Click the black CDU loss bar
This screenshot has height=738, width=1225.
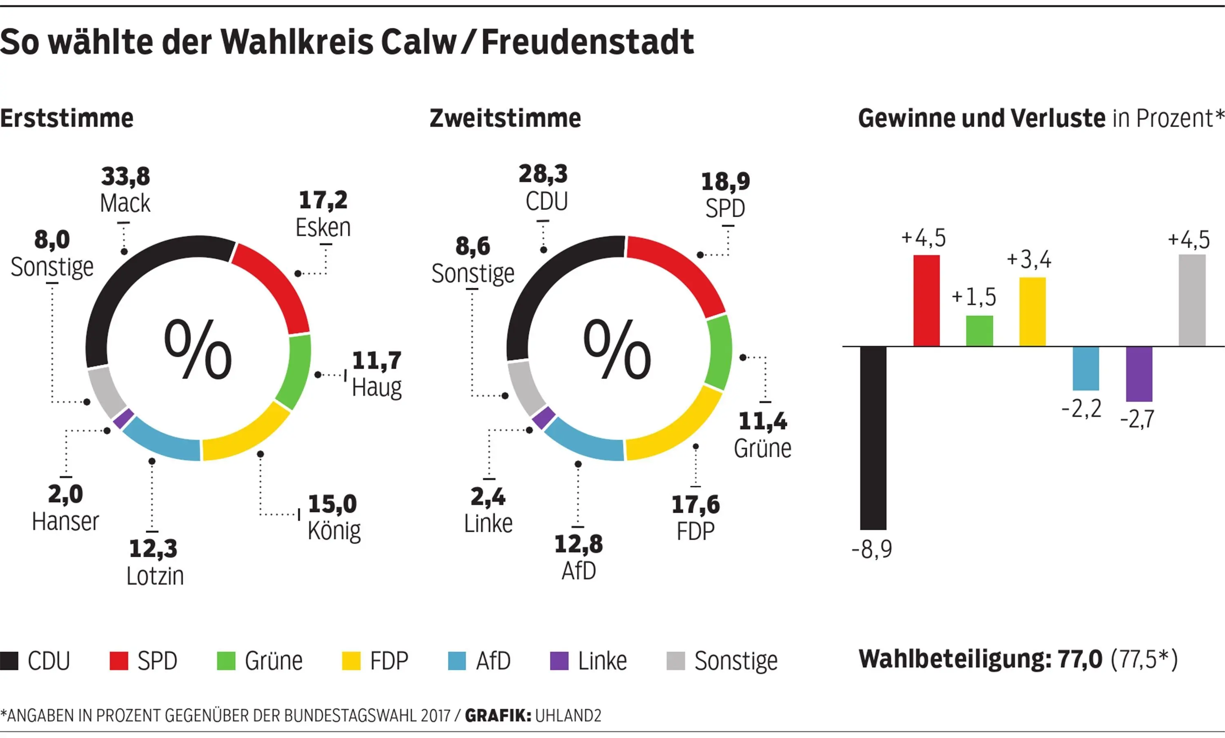[873, 438]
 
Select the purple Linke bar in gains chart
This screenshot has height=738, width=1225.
[1139, 374]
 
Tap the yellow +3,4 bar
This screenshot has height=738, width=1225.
[1033, 311]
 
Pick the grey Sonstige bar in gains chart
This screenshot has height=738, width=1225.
[1192, 300]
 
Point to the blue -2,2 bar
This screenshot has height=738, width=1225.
[1086, 368]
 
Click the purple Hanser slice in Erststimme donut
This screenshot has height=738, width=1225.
[123, 418]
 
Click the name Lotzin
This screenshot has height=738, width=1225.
[155, 576]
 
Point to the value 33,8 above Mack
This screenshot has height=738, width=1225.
[126, 176]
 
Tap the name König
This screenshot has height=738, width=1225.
[334, 531]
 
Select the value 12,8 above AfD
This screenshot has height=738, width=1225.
[579, 544]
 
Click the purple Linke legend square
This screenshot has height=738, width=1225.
[559, 661]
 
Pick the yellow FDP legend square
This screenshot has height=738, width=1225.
[351, 661]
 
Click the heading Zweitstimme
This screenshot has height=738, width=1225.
[505, 118]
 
